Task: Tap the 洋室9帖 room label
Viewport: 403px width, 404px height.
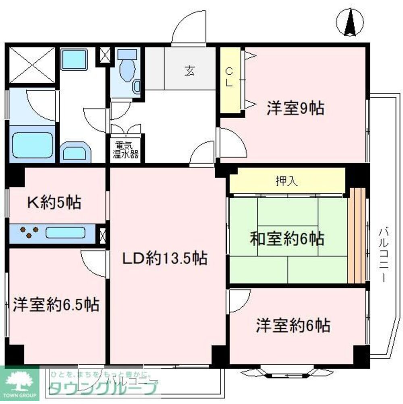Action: pyautogui.click(x=295, y=108)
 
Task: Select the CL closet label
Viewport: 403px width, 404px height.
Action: pyautogui.click(x=229, y=77)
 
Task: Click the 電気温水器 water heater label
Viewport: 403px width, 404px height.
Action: pyautogui.click(x=126, y=149)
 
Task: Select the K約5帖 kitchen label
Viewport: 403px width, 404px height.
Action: pyautogui.click(x=54, y=202)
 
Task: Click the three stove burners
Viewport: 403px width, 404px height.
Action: pyautogui.click(x=29, y=232)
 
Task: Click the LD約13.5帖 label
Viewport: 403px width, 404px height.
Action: pyautogui.click(x=165, y=257)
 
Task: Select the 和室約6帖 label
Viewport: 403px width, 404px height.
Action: pyautogui.click(x=287, y=239)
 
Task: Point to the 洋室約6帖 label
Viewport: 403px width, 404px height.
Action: pyautogui.click(x=293, y=325)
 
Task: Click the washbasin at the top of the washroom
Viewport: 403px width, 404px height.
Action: pyautogui.click(x=75, y=60)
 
